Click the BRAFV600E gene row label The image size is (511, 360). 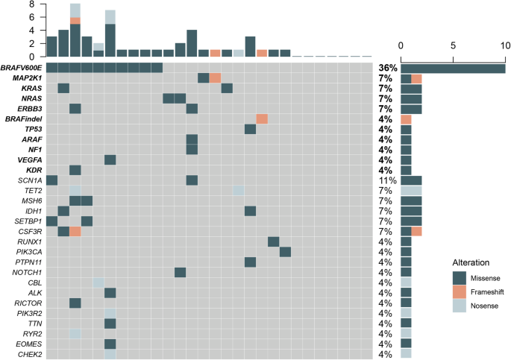pos(22,68)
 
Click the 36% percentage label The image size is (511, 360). pos(385,68)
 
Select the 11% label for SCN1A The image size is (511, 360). pos(385,180)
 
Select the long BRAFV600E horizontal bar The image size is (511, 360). pos(453,68)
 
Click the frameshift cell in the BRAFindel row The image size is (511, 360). pos(262,119)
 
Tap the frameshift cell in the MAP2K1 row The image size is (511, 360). pos(215,78)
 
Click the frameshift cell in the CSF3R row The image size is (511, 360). pos(75,232)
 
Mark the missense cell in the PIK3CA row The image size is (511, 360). pos(285,252)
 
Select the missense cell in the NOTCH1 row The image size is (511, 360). pos(180,272)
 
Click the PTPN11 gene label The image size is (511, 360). pos(29,262)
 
